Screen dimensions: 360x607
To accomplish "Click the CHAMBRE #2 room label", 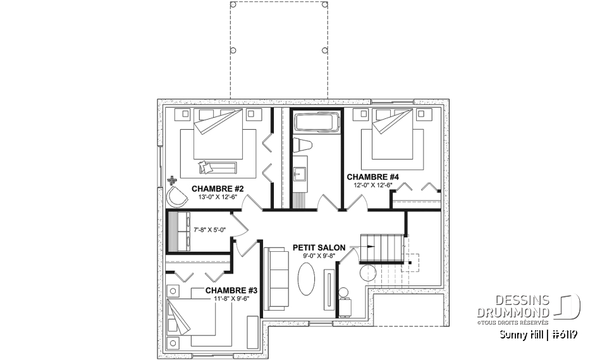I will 218,188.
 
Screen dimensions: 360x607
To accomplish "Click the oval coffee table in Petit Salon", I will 306,278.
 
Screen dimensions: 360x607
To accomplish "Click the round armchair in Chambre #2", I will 178,197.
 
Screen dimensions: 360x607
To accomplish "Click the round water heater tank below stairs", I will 367,273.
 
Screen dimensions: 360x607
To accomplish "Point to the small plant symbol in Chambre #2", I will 171,181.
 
